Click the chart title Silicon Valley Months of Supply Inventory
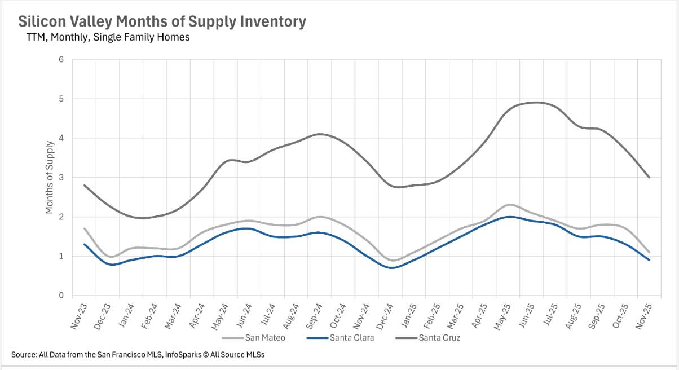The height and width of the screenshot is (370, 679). click(x=162, y=22)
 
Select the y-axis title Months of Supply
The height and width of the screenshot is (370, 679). click(x=50, y=178)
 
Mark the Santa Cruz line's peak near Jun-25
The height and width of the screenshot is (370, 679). click(x=536, y=102)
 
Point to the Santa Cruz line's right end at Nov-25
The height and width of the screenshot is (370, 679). click(x=649, y=177)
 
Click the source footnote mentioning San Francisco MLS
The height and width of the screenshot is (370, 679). click(x=138, y=355)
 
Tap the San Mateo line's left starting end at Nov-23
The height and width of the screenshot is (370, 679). click(x=84, y=228)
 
